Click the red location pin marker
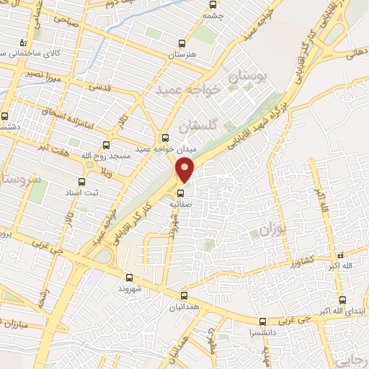pyautogui.click(x=185, y=170)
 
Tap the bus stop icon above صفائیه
pyautogui.click(x=182, y=192)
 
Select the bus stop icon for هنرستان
pyautogui.click(x=182, y=43)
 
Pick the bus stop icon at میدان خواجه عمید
pyautogui.click(x=165, y=138)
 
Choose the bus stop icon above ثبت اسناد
pyautogui.click(x=81, y=182)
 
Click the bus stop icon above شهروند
pyautogui.click(x=130, y=277)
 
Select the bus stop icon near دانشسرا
pyautogui.click(x=262, y=321)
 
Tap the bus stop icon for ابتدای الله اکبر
pyautogui.click(x=339, y=298)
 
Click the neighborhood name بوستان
pyautogui.click(x=248, y=76)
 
